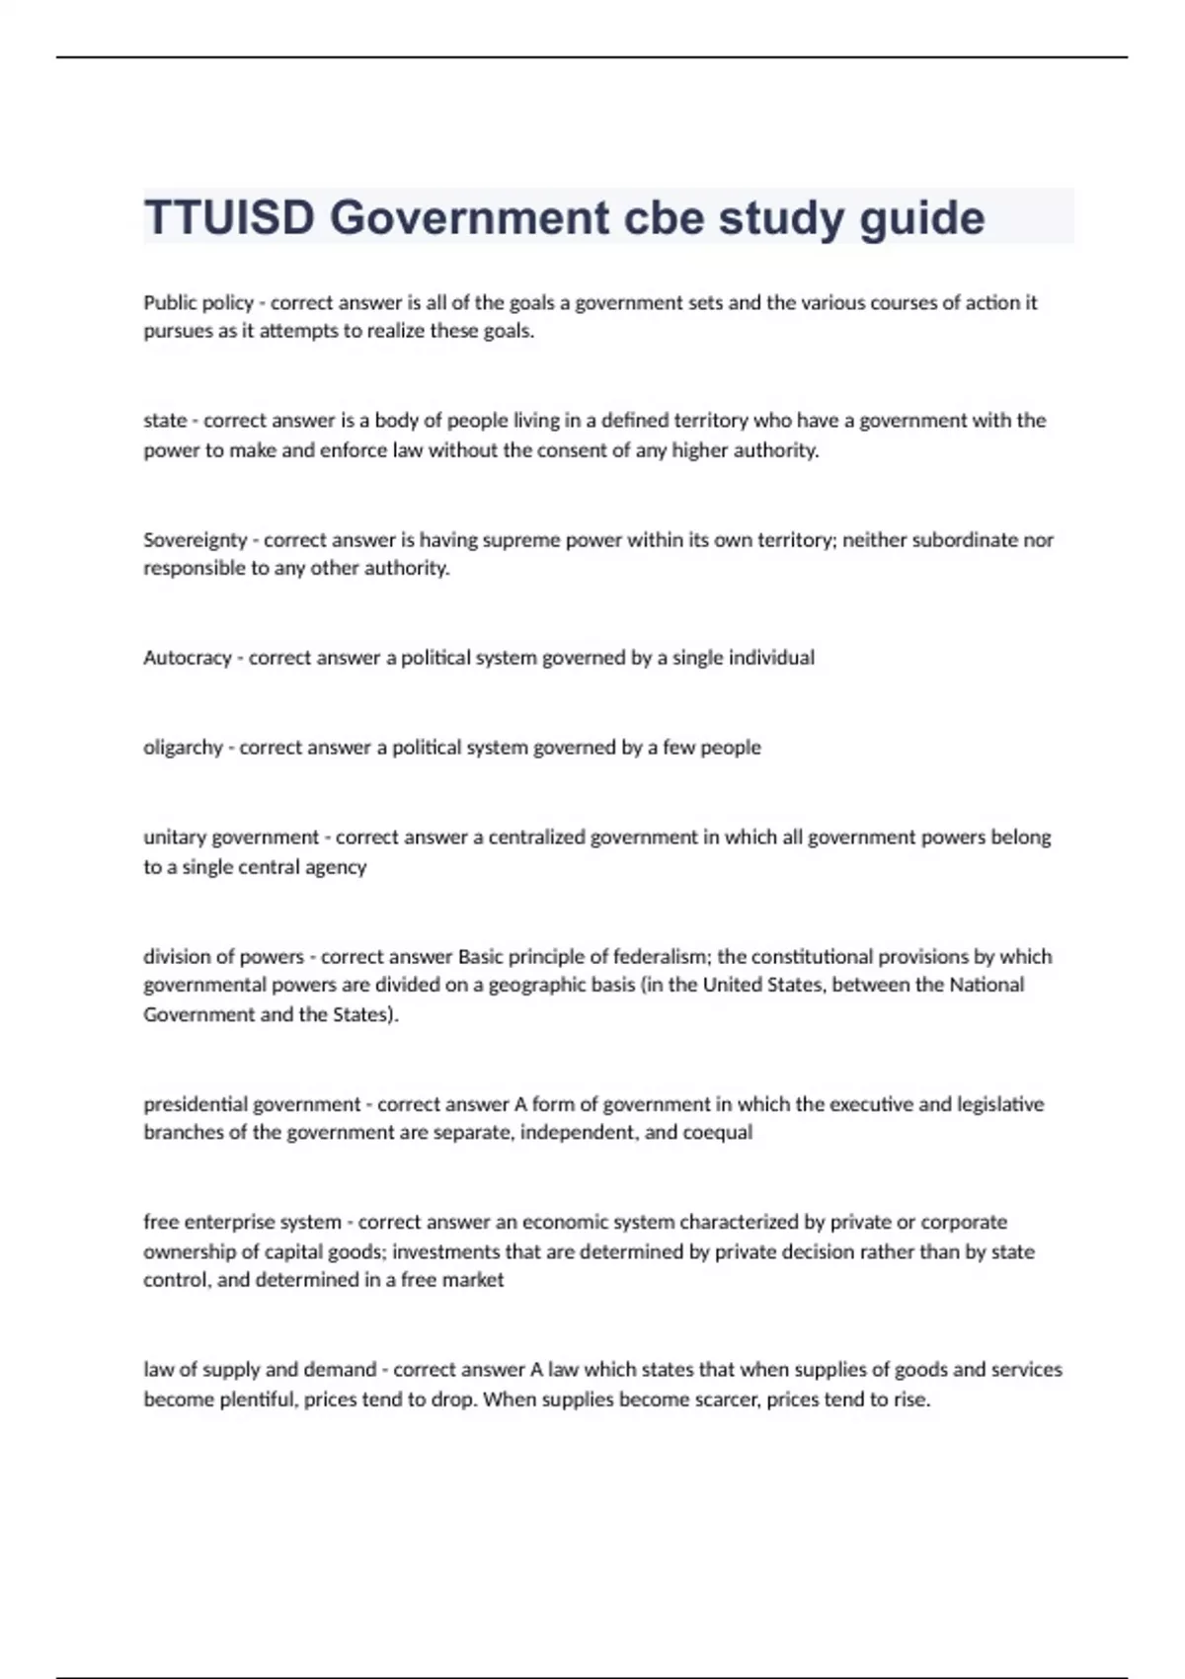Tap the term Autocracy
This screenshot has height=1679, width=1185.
pyautogui.click(x=187, y=658)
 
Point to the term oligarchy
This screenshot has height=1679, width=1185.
pyautogui.click(x=183, y=749)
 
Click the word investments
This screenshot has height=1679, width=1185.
pyautogui.click(x=445, y=1252)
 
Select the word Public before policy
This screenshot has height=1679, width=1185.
pyautogui.click(x=170, y=303)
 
